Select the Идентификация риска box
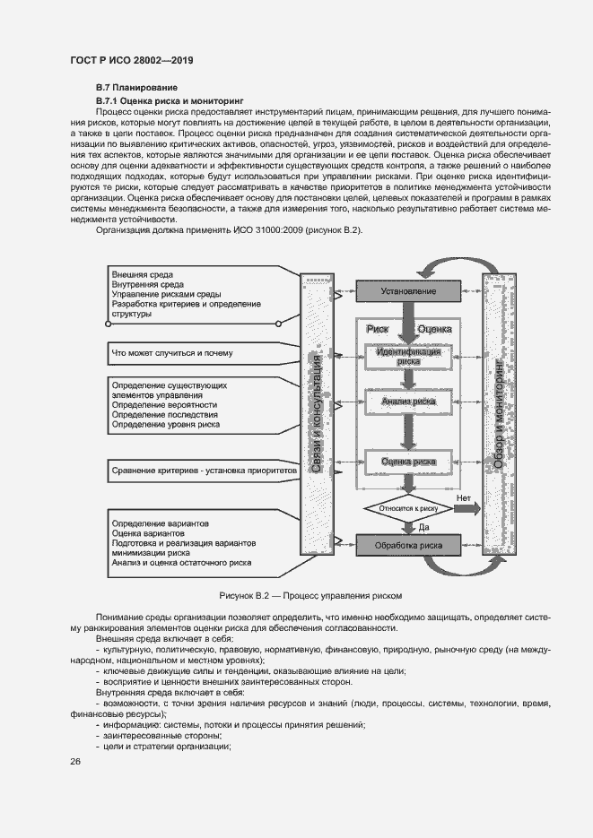(x=408, y=356)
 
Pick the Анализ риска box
(x=408, y=402)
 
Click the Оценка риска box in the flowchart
(x=408, y=462)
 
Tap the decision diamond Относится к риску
(x=407, y=508)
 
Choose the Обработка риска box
(x=408, y=544)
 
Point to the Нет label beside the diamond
(x=463, y=497)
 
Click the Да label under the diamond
(x=425, y=528)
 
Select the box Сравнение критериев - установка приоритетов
(x=203, y=470)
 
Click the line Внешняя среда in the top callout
(x=143, y=273)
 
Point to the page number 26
(x=75, y=762)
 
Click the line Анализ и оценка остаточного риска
(x=181, y=563)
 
